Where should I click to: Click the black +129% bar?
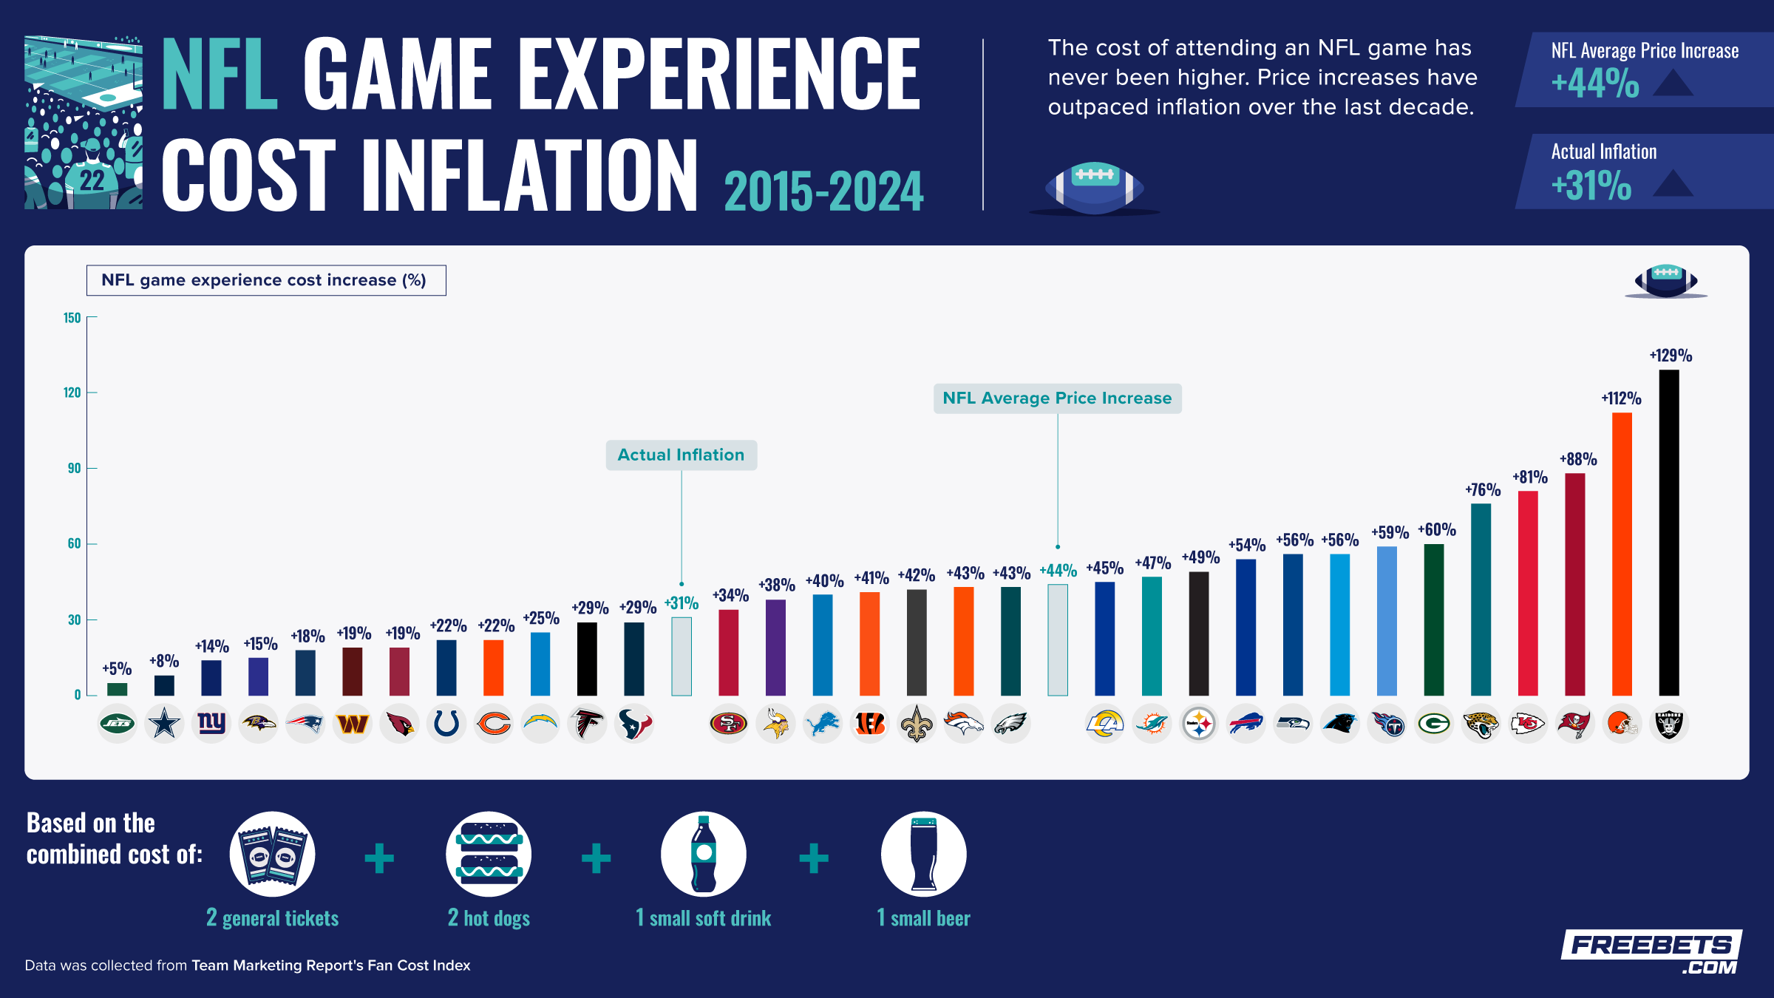coord(1668,532)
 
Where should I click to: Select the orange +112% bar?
coord(1622,554)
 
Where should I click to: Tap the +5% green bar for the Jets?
coord(117,689)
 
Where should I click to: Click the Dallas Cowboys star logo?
coord(164,724)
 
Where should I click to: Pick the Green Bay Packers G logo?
coord(1434,724)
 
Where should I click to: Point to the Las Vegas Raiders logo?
coord(1668,724)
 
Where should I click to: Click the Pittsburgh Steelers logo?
coord(1198,724)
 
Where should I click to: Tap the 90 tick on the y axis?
coord(75,468)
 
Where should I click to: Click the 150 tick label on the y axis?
coord(72,318)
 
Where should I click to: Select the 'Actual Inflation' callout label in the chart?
coord(681,455)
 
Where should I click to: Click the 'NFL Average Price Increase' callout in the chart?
coord(1057,398)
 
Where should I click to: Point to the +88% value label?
coord(1578,459)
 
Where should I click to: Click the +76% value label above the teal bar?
coord(1483,489)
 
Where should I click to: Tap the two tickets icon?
coord(273,855)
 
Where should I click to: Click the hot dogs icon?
coord(489,855)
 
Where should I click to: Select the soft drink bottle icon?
coord(704,855)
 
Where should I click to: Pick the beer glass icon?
coord(923,855)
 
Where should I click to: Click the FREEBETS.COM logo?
coord(1651,952)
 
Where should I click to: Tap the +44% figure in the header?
coord(1595,83)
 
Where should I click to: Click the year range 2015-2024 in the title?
coord(823,191)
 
